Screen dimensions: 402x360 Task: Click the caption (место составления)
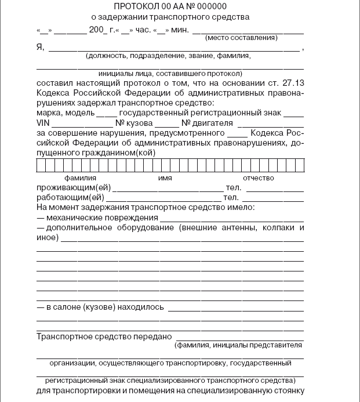tap(240, 38)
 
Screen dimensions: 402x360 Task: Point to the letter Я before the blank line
tap(40, 48)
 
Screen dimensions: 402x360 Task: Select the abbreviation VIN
tap(43, 123)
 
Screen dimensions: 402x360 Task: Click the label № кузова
tap(134, 123)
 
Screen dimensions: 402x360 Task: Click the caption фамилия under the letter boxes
tap(81, 178)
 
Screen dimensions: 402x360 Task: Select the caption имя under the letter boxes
tap(165, 178)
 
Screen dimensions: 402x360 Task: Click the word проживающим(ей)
tap(73, 188)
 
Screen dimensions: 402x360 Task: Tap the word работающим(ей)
tap(71, 197)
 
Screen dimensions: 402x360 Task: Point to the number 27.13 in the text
tap(292, 84)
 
